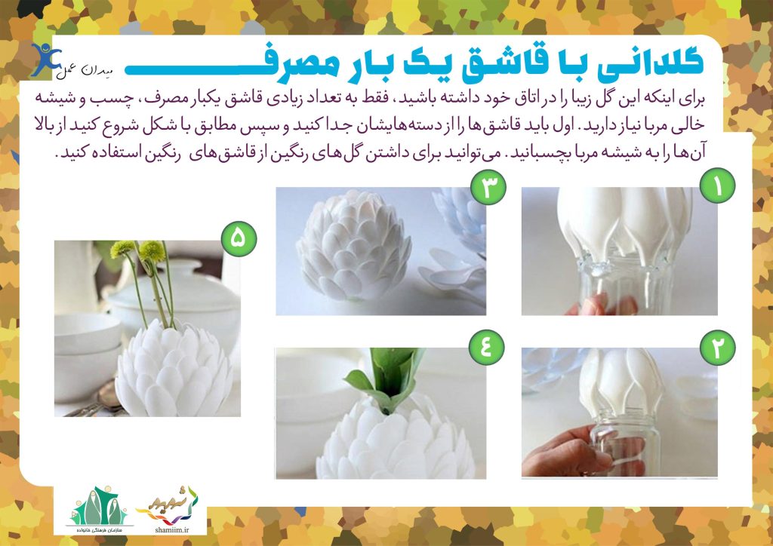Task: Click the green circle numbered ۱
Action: coord(717,186)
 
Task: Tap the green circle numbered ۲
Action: coord(717,347)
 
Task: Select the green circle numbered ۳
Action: coord(488,186)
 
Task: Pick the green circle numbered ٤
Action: coord(486,347)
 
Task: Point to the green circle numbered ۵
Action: coord(239,239)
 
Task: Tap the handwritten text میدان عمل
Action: coord(85,72)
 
